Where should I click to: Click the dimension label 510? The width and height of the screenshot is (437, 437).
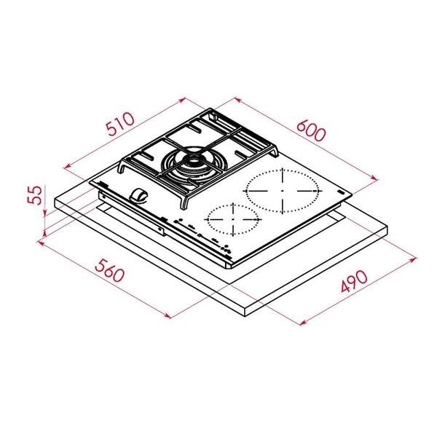point(117,128)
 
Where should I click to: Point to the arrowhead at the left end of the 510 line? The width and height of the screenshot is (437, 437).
point(65,168)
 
